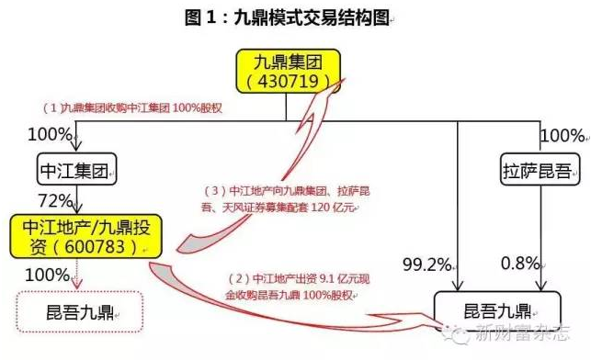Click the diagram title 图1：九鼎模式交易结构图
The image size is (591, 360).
click(295, 17)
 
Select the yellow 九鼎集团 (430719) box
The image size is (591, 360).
click(284, 72)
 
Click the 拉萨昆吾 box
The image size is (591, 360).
click(529, 171)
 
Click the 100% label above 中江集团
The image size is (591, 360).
click(50, 136)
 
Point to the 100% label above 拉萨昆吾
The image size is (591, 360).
click(563, 136)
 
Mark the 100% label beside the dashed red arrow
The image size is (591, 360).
click(48, 274)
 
